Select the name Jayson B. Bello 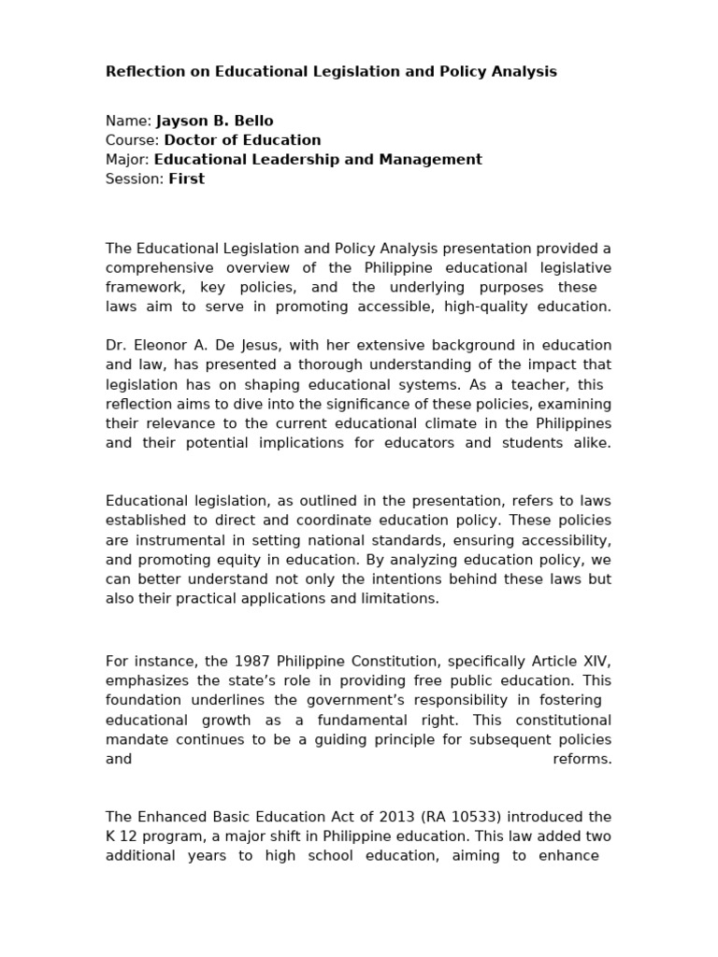pyautogui.click(x=214, y=121)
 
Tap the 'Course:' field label pyautogui.click(x=133, y=140)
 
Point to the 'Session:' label pyautogui.click(x=135, y=179)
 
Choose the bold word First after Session pyautogui.click(x=186, y=179)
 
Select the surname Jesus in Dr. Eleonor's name pyautogui.click(x=301, y=346)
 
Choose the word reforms pyautogui.click(x=582, y=759)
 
